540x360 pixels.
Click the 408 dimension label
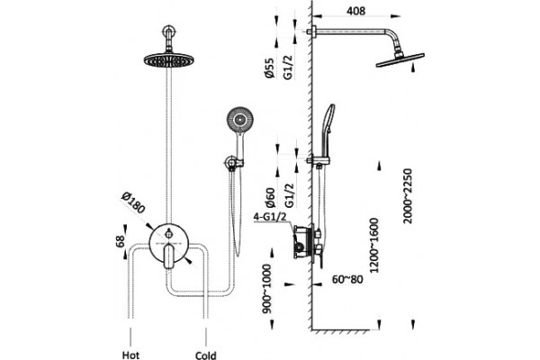pyautogui.click(x=355, y=11)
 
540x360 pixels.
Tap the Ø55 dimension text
pyautogui.click(x=270, y=67)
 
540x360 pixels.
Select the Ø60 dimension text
pyautogui.click(x=271, y=197)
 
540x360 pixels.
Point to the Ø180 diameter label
pyautogui.click(x=133, y=202)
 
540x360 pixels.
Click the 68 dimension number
pyautogui.click(x=120, y=241)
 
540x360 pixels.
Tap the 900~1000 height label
pyautogui.click(x=266, y=289)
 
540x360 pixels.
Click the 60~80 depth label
pyautogui.click(x=347, y=279)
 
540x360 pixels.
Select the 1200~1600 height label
pyautogui.click(x=374, y=246)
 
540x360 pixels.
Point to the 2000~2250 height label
pyautogui.click(x=408, y=196)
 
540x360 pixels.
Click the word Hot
pyautogui.click(x=130, y=355)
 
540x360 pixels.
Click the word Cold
pyautogui.click(x=205, y=355)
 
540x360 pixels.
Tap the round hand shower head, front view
pyautogui.click(x=239, y=121)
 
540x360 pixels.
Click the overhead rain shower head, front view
pyautogui.click(x=169, y=60)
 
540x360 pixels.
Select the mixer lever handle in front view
pyautogui.click(x=169, y=256)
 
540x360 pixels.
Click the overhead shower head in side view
pyautogui.click(x=400, y=60)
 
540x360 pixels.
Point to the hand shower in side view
pyautogui.click(x=328, y=130)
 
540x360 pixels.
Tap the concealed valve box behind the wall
pyautogui.click(x=303, y=242)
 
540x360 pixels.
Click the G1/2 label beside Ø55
pyautogui.click(x=288, y=67)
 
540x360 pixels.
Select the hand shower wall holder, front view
pyautogui.click(x=234, y=163)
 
